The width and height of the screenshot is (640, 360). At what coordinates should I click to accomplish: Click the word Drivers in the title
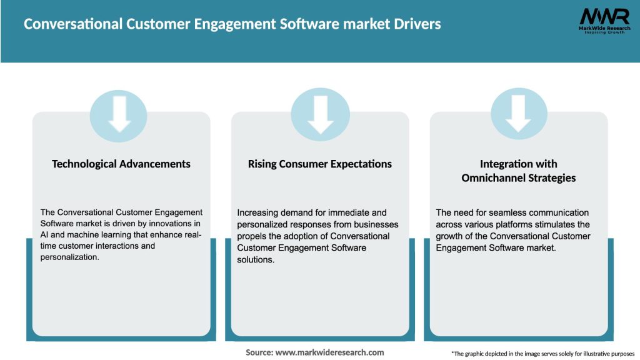[x=415, y=24]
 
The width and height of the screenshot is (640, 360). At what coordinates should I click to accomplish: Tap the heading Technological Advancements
[x=121, y=164]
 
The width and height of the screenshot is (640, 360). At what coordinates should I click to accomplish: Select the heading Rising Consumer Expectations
[x=320, y=164]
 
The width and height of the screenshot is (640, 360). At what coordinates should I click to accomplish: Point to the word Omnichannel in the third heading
[x=491, y=178]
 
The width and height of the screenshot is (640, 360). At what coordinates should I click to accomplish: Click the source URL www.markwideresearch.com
[x=330, y=352]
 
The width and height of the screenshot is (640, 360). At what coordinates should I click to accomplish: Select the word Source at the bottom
[x=258, y=352]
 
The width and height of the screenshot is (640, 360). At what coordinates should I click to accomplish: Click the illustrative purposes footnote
[x=542, y=354]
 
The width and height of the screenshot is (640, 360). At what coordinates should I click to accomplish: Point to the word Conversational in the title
[x=67, y=24]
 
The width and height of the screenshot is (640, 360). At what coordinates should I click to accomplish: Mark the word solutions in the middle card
[x=256, y=259]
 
